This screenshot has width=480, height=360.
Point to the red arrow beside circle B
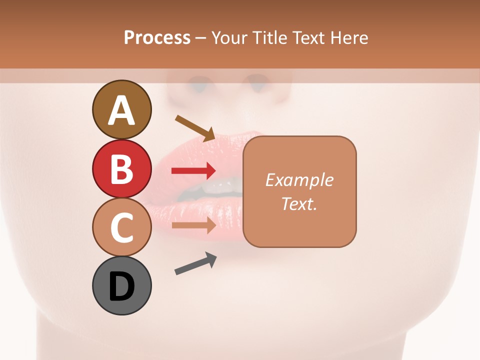(x=193, y=171)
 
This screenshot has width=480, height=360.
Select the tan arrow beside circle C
(x=193, y=225)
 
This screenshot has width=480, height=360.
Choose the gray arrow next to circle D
(x=195, y=264)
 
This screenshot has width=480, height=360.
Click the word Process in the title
(x=157, y=37)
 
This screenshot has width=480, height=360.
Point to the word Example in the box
(x=299, y=180)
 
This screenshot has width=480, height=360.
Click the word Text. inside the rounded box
(x=299, y=203)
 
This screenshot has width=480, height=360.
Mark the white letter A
(x=121, y=111)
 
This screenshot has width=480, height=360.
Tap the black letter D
(x=121, y=286)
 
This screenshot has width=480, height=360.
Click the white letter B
(x=121, y=169)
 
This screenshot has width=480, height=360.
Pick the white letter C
(x=121, y=228)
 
